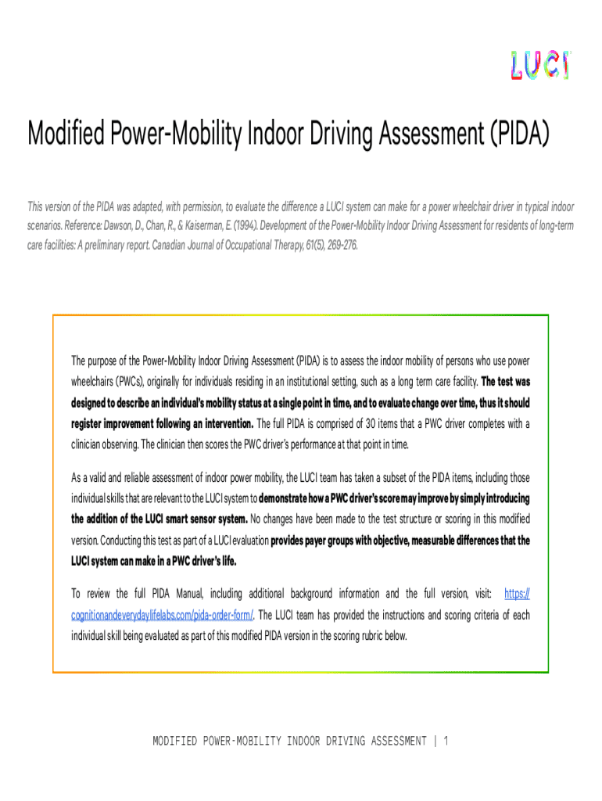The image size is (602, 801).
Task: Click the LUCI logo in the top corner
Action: click(x=539, y=65)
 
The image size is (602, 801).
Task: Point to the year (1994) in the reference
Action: click(x=238, y=226)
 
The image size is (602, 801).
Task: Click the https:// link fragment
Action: click(x=517, y=594)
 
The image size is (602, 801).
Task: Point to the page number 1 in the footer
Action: click(x=445, y=740)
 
